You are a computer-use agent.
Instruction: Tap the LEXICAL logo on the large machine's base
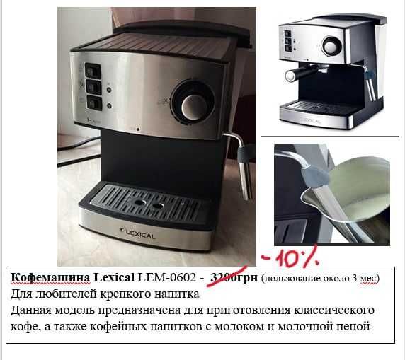click(140, 229)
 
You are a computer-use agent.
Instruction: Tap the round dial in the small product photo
click(331, 46)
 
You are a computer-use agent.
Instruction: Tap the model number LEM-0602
click(171, 278)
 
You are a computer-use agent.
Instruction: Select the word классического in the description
click(333, 310)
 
